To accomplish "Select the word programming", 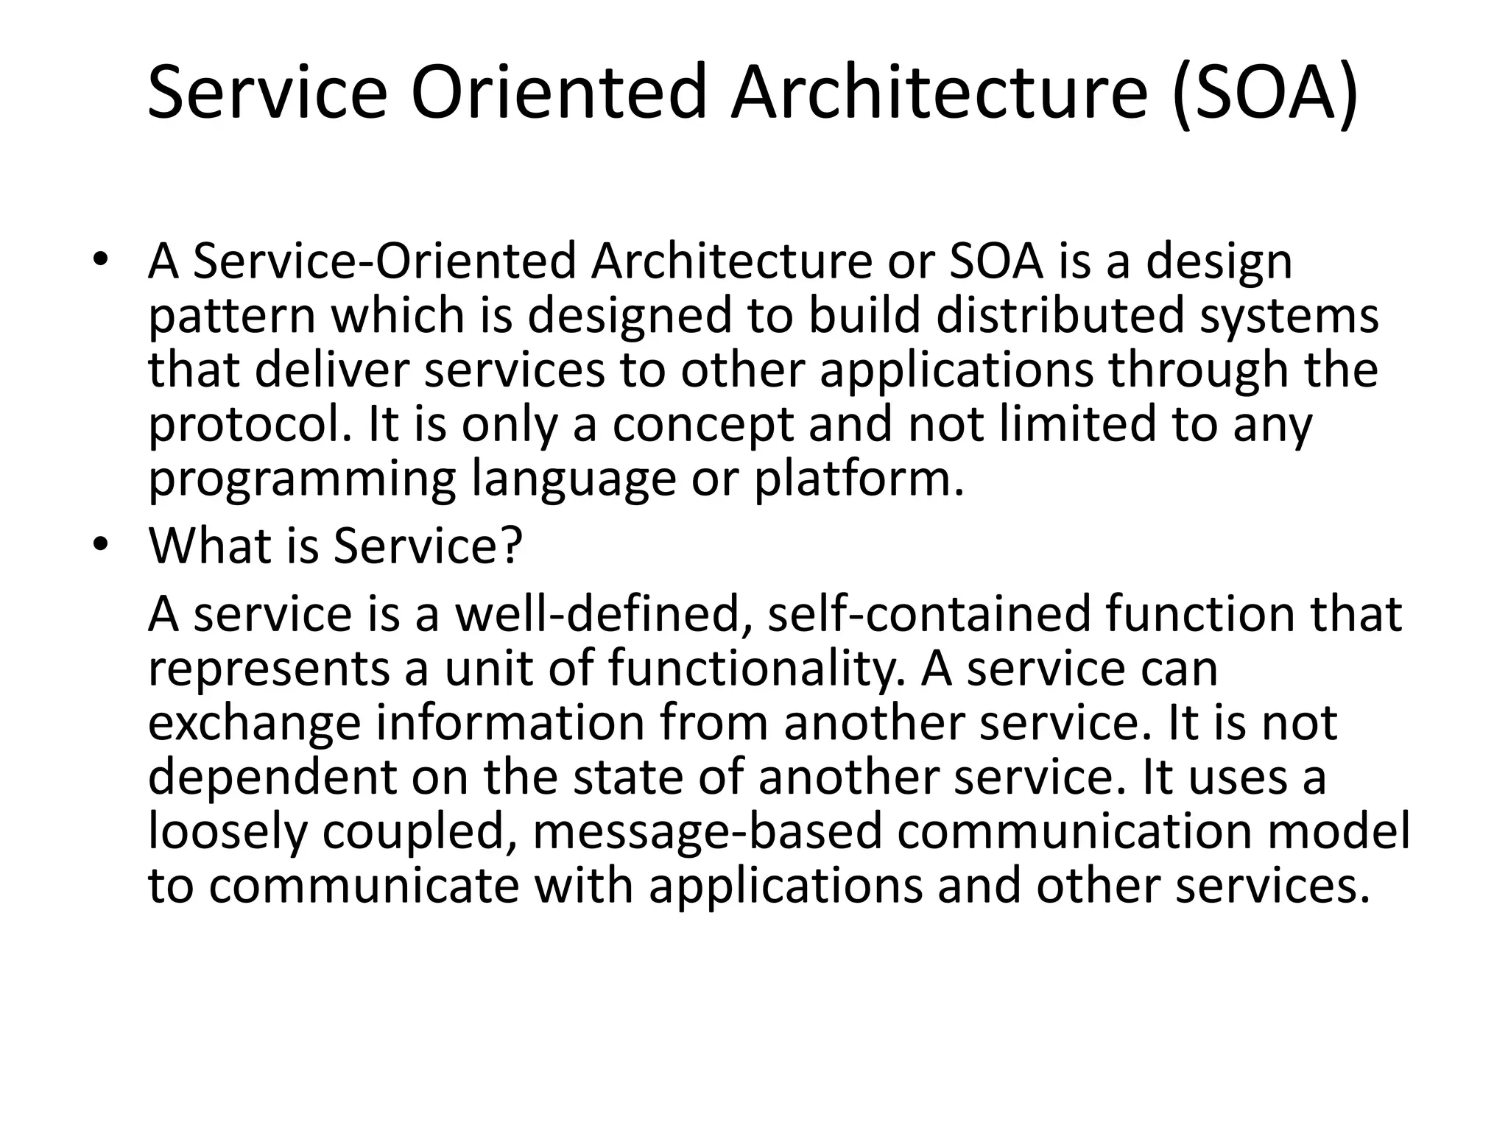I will (x=302, y=480).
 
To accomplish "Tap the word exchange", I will (x=255, y=723).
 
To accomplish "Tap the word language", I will (x=573, y=480).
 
